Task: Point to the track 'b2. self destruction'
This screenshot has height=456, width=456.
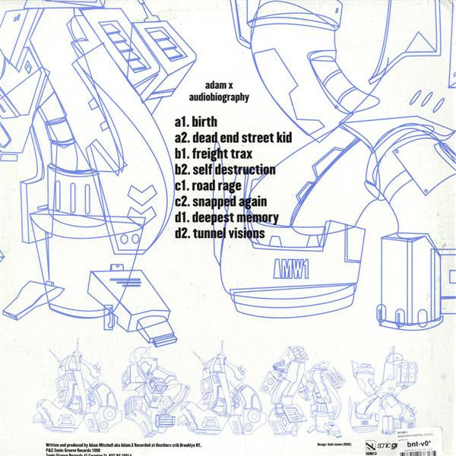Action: click(224, 170)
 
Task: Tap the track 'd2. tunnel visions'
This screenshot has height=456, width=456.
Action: click(219, 233)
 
